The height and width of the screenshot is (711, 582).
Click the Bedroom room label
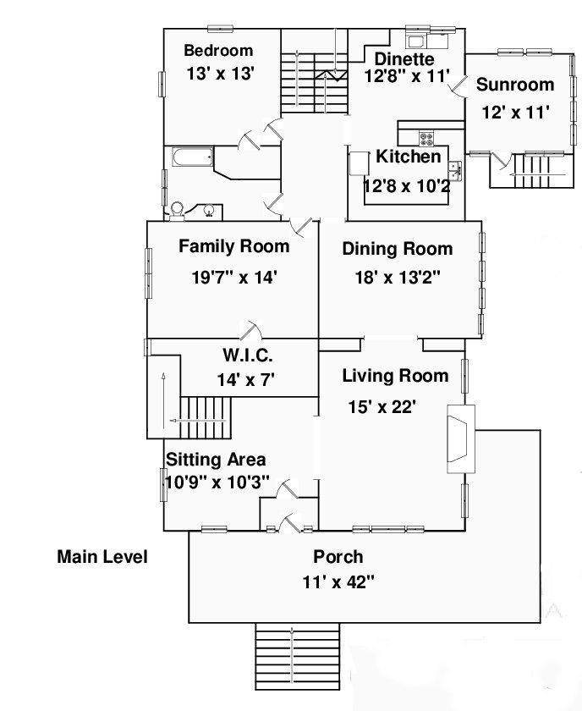tap(218, 50)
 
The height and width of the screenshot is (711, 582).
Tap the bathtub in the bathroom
tap(193, 157)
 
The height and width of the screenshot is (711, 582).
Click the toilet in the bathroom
tap(177, 212)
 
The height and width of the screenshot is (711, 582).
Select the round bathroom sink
tap(208, 211)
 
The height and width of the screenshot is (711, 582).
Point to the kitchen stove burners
tap(426, 139)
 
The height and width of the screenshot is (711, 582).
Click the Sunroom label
tap(515, 85)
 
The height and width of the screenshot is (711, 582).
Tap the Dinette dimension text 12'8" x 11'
tap(407, 75)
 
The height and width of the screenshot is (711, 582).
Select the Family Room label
tap(233, 246)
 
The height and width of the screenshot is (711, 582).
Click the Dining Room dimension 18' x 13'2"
tap(397, 277)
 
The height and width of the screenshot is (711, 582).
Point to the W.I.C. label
tap(248, 355)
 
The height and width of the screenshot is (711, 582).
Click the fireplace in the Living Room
tap(461, 439)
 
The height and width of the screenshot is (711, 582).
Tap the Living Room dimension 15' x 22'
tap(382, 407)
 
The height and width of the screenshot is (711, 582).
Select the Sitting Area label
tap(216, 460)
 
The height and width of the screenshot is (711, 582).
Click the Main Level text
tap(102, 556)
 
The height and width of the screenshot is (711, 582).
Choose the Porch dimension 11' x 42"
tap(338, 581)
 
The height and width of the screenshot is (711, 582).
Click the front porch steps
tap(298, 656)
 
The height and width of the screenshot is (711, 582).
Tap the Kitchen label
tap(408, 157)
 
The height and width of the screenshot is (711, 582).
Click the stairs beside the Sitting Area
tap(206, 417)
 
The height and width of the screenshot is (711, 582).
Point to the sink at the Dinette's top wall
tap(415, 41)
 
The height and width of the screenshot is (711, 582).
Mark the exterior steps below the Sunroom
tap(540, 171)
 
